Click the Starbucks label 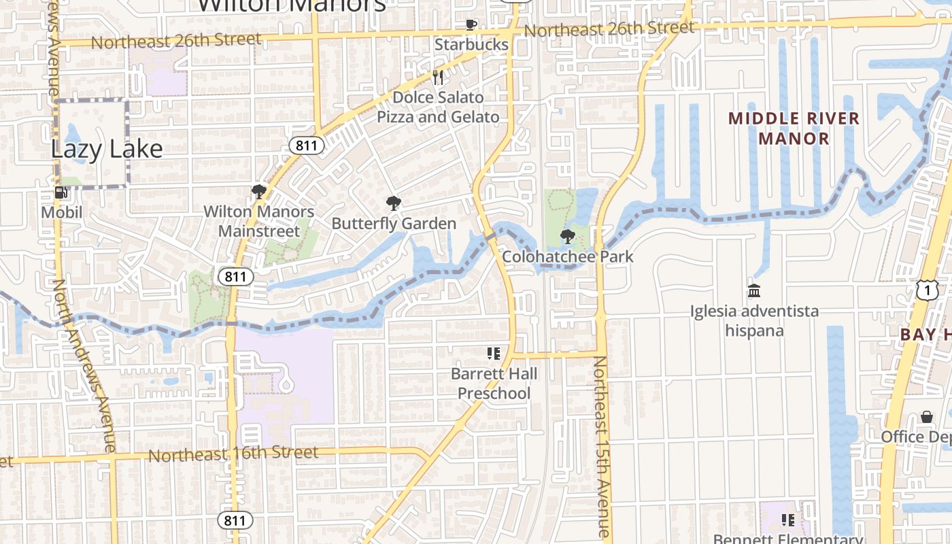tap(471, 45)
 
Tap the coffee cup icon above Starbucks tap(471, 25)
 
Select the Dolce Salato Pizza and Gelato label tap(438, 107)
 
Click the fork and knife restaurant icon tap(439, 78)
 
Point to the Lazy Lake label tap(107, 150)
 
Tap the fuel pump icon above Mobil tap(61, 193)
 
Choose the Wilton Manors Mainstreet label tap(259, 221)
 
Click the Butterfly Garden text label tap(394, 224)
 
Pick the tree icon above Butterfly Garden tap(393, 203)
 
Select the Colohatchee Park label tap(568, 256)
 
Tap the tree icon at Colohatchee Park tap(567, 237)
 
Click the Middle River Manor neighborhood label tap(794, 129)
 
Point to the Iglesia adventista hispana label tap(754, 321)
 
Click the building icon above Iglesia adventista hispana tap(754, 291)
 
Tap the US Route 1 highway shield tap(927, 290)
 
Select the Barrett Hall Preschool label tap(494, 384)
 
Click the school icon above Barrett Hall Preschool tap(494, 354)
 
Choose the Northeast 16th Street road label tap(233, 454)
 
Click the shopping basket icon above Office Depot tap(927, 416)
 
